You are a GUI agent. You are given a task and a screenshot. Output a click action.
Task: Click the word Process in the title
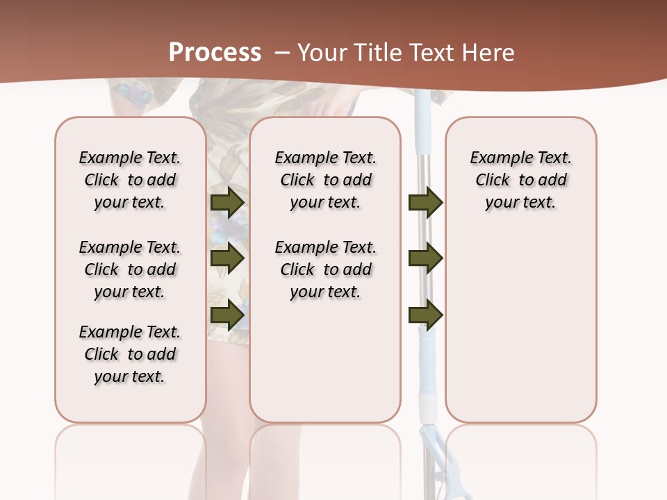pyautogui.click(x=215, y=53)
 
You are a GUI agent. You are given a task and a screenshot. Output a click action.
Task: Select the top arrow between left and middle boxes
pyautogui.click(x=227, y=202)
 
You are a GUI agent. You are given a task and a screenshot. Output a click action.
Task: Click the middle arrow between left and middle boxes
pyautogui.click(x=227, y=258)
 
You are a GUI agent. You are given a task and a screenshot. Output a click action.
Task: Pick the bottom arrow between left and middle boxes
pyautogui.click(x=227, y=315)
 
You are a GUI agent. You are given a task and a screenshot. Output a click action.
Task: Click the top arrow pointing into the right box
pyautogui.click(x=426, y=202)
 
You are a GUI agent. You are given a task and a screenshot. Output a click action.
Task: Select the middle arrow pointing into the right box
pyautogui.click(x=426, y=258)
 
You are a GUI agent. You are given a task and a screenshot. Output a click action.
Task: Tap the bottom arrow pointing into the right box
pyautogui.click(x=426, y=315)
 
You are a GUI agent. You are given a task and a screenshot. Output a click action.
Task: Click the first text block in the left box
pyautogui.click(x=130, y=180)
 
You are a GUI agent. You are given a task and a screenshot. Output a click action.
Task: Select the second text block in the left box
pyautogui.click(x=130, y=269)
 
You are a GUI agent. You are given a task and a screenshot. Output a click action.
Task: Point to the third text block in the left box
pyautogui.click(x=130, y=354)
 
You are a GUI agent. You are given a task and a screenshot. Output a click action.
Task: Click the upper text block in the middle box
pyautogui.click(x=325, y=180)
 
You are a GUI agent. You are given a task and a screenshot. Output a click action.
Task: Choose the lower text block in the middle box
pyautogui.click(x=325, y=269)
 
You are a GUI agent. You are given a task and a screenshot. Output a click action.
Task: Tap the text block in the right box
pyautogui.click(x=520, y=180)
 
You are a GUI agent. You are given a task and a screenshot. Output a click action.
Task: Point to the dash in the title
pyautogui.click(x=282, y=53)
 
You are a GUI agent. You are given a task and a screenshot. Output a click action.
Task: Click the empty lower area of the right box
pyautogui.click(x=520, y=333)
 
